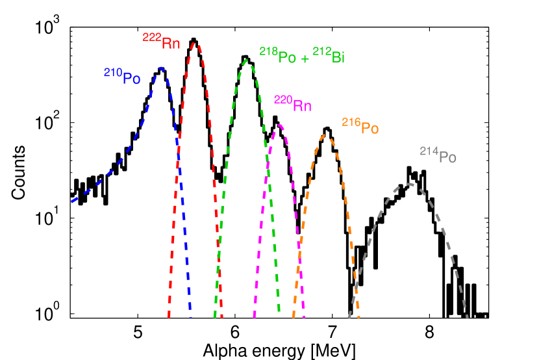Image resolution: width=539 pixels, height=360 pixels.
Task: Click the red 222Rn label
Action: click(162, 42)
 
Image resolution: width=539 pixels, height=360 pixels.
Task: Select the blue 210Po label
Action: click(122, 77)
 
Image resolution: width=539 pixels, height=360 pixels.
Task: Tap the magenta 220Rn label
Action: click(293, 103)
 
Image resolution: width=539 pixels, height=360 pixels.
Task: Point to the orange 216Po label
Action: click(360, 126)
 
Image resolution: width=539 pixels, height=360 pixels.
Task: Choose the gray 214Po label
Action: click(438, 155)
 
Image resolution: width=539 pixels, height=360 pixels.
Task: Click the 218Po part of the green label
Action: click(278, 56)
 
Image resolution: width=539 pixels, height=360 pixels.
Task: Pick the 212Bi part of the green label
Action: click(329, 56)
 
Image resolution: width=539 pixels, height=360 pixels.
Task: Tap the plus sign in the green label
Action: click(305, 58)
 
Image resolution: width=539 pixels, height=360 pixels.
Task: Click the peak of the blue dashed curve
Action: click(160, 67)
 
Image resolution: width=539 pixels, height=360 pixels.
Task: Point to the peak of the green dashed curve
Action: click(247, 60)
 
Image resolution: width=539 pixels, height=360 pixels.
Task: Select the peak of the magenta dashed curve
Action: click(279, 125)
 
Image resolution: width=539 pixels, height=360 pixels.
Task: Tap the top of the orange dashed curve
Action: click(327, 136)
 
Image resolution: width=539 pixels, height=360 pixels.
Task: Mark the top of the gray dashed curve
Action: click(408, 184)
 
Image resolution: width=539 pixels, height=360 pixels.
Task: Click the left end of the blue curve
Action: click(71, 201)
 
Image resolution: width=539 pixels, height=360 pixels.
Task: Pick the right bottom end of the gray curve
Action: click(467, 317)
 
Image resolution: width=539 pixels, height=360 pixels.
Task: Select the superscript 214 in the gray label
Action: click(429, 151)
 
